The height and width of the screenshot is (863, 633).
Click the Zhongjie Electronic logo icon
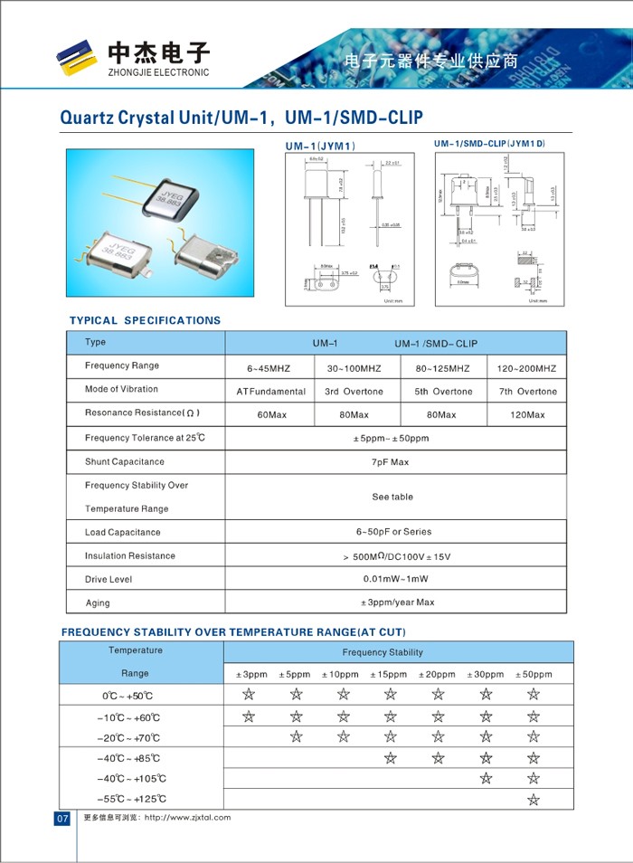point(76,57)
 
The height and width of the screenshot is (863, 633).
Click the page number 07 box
point(62,818)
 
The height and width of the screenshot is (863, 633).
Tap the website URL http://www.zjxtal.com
point(187,818)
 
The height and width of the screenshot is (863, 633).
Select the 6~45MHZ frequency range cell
point(269,369)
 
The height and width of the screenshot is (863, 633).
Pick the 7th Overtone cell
point(527,392)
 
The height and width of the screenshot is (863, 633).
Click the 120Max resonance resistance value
point(527,415)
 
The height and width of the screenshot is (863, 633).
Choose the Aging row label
point(98,602)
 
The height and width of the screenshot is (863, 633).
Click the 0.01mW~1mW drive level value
point(395,579)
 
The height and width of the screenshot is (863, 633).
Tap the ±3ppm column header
point(251,675)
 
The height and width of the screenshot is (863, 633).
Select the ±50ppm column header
point(533,675)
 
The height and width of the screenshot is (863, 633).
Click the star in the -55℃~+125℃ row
point(533,799)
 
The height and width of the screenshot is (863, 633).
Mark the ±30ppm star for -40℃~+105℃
point(486,778)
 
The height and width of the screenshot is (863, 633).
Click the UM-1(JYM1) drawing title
point(320,146)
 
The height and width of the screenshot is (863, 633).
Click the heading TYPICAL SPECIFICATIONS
point(145,320)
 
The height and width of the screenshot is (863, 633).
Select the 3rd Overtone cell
point(354,392)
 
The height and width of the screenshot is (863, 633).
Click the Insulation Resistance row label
point(129,555)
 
